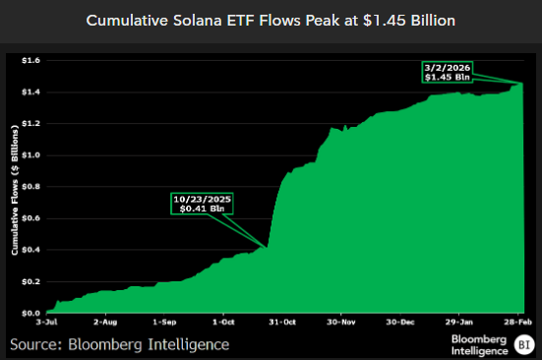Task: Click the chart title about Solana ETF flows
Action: coord(271,20)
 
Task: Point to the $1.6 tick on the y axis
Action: coord(32,60)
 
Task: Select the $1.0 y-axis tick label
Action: coord(32,154)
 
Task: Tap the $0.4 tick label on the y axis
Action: coord(32,249)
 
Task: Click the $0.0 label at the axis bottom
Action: coord(32,312)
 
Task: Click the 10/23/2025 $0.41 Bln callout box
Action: coord(204,204)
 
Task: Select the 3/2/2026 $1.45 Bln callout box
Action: coord(448,71)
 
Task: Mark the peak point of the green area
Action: coord(521,84)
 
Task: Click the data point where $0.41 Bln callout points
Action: coord(267,246)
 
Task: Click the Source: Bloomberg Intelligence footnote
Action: coord(120,343)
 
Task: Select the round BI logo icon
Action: coord(523,343)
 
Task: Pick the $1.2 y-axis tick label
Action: coord(32,123)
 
